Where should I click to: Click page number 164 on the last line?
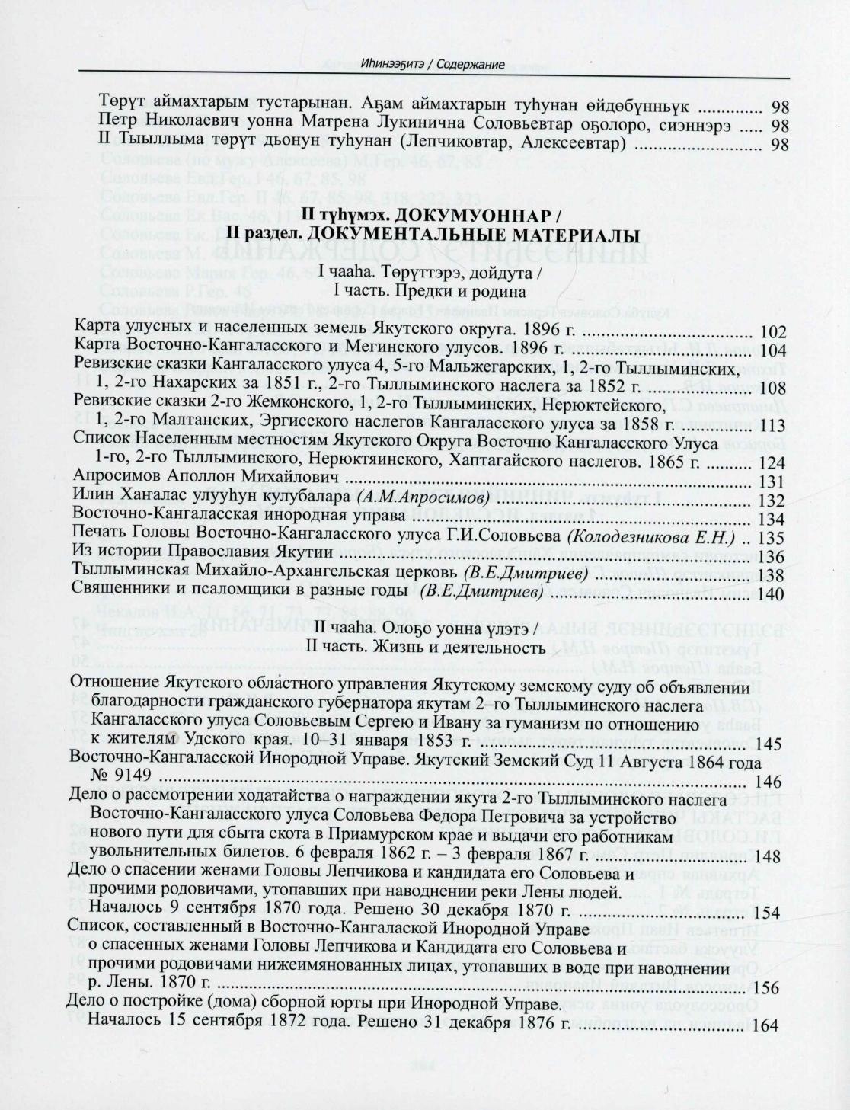coord(765,1025)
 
